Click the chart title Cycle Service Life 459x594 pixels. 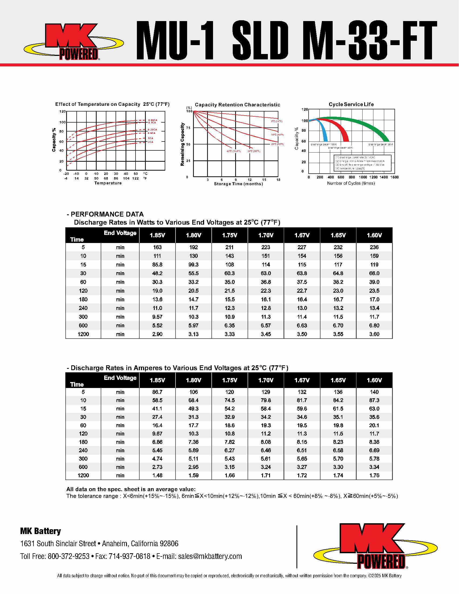pyautogui.click(x=351, y=104)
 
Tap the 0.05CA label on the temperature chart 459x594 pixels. pyautogui.click(x=153, y=120)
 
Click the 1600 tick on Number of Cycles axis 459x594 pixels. pyautogui.click(x=394, y=177)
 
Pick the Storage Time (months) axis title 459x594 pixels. pyautogui.click(x=238, y=184)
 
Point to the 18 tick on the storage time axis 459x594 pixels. pyautogui.click(x=278, y=180)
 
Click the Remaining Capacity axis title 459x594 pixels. pyautogui.click(x=183, y=144)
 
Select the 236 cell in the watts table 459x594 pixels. pyautogui.click(x=374, y=247)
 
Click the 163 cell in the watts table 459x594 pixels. pyautogui.click(x=157, y=247)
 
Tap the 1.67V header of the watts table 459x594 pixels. pyautogui.click(x=302, y=235)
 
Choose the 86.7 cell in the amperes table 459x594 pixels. pyautogui.click(x=157, y=392)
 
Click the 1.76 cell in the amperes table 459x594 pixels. pyautogui.click(x=374, y=475)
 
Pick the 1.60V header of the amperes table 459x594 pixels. pyautogui.click(x=374, y=380)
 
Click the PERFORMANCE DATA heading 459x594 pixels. pyautogui.click(x=107, y=214)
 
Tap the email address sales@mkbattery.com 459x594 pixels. pyautogui.click(x=210, y=556)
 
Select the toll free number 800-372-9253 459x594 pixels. pyautogui.click(x=69, y=556)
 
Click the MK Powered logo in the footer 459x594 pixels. pyautogui.click(x=375, y=547)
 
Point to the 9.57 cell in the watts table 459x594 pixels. pyautogui.click(x=157, y=317)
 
